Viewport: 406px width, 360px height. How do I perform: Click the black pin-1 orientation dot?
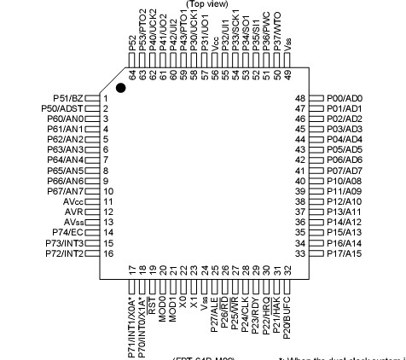tap(122, 89)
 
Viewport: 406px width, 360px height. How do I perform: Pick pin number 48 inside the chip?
tap(299, 99)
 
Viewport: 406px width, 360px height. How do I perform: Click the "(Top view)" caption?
tap(207, 3)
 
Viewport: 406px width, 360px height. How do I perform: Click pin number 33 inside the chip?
tap(299, 253)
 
